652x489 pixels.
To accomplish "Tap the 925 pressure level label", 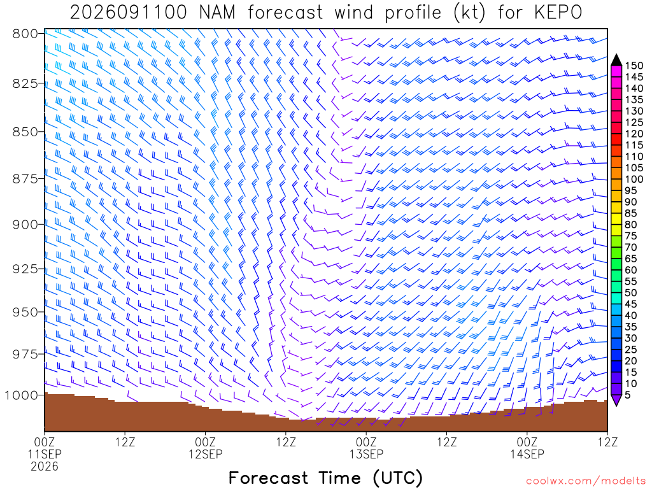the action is click(25, 269).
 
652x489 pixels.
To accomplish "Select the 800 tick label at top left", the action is click(25, 33).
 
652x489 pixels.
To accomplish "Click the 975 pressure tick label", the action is click(25, 354).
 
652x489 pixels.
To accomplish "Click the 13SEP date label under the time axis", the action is click(366, 454).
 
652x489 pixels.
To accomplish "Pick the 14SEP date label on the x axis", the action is click(527, 454).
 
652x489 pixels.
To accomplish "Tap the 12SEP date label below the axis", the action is click(206, 454).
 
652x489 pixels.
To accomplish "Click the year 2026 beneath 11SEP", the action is click(45, 467).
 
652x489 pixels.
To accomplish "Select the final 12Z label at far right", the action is click(607, 442).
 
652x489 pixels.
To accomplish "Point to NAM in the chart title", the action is click(217, 13).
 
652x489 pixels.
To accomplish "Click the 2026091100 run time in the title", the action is click(129, 13).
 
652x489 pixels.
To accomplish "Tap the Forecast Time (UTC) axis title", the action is click(325, 478).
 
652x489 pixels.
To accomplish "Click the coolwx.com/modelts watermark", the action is click(586, 481).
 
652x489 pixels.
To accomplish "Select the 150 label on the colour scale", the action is click(634, 66).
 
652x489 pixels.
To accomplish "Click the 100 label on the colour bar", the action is click(634, 179).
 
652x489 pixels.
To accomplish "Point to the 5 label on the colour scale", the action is click(627, 395).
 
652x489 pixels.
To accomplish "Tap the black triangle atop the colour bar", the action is click(616, 60).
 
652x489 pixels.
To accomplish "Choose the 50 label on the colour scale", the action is click(631, 293).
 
